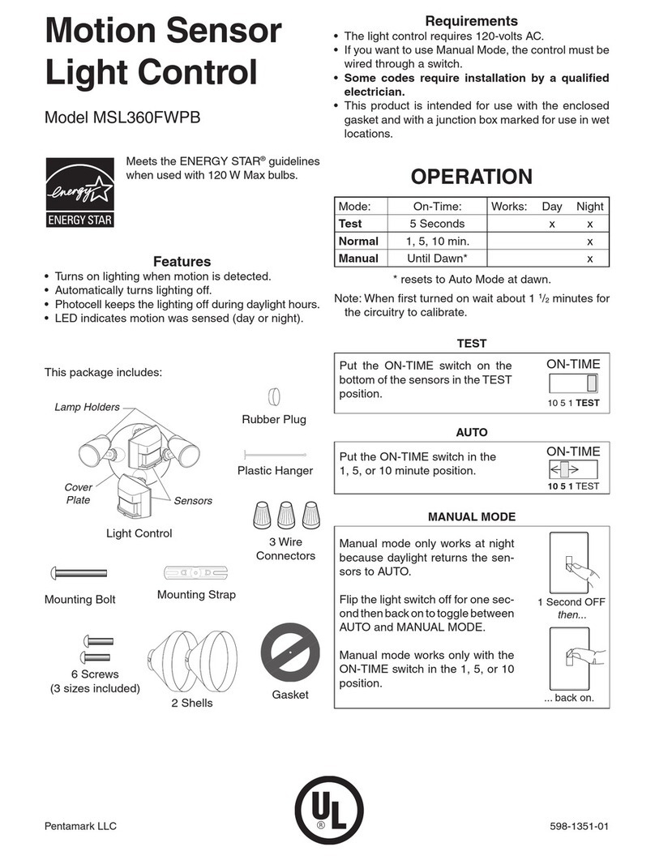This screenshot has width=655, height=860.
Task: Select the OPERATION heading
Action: [x=472, y=177]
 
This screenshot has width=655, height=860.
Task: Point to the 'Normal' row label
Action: [x=358, y=241]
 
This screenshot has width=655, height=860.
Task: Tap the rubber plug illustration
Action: [x=273, y=396]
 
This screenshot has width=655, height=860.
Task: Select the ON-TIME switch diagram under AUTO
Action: [x=572, y=469]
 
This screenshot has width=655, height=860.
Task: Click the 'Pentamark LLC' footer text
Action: [x=80, y=826]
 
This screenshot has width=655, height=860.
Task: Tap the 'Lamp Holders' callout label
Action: [x=88, y=407]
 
